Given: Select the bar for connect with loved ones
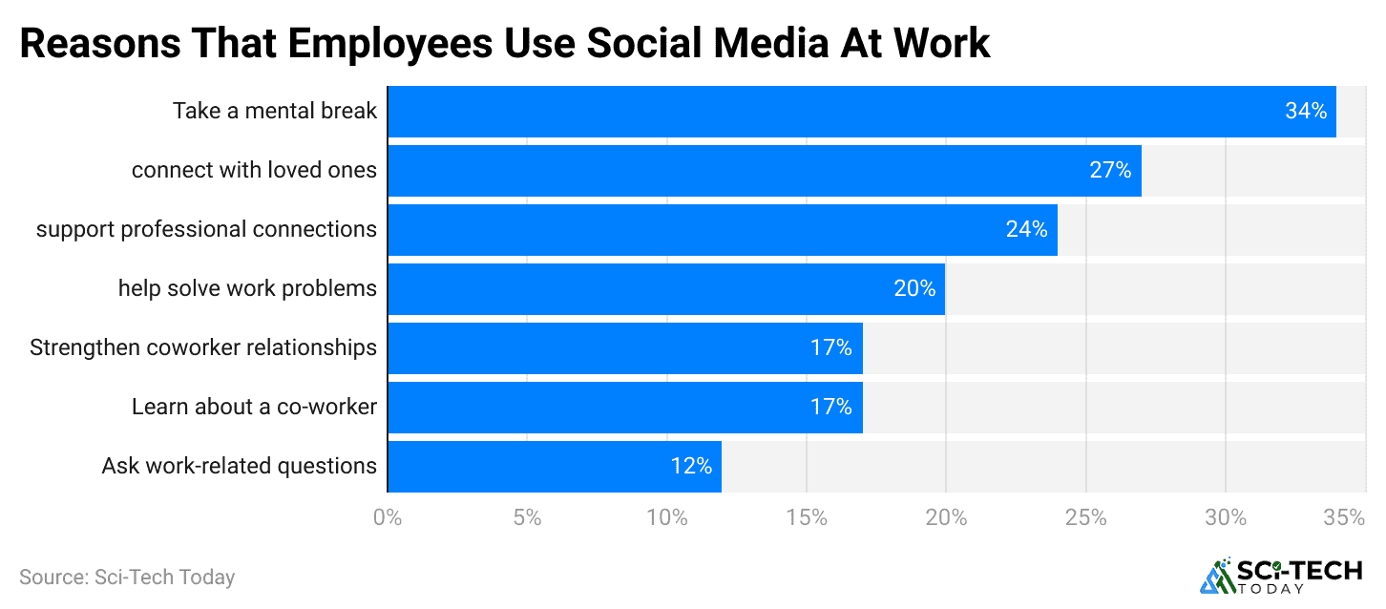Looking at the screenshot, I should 764,171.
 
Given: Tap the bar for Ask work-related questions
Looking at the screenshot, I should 554,467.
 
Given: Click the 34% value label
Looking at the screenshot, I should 1306,112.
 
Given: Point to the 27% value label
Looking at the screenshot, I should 1110,171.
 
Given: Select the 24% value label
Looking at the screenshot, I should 1026,230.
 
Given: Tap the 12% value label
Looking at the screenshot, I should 690,467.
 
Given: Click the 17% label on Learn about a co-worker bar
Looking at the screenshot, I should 830,408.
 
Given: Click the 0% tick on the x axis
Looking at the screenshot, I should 388,518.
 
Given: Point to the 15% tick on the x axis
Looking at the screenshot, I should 807,518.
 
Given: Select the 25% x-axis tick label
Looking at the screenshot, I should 1086,518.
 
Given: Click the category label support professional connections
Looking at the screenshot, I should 206,230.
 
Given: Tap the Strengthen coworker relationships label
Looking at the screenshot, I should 203,348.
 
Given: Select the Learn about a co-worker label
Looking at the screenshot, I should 254,408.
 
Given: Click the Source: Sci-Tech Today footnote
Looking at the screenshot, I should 127,577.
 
